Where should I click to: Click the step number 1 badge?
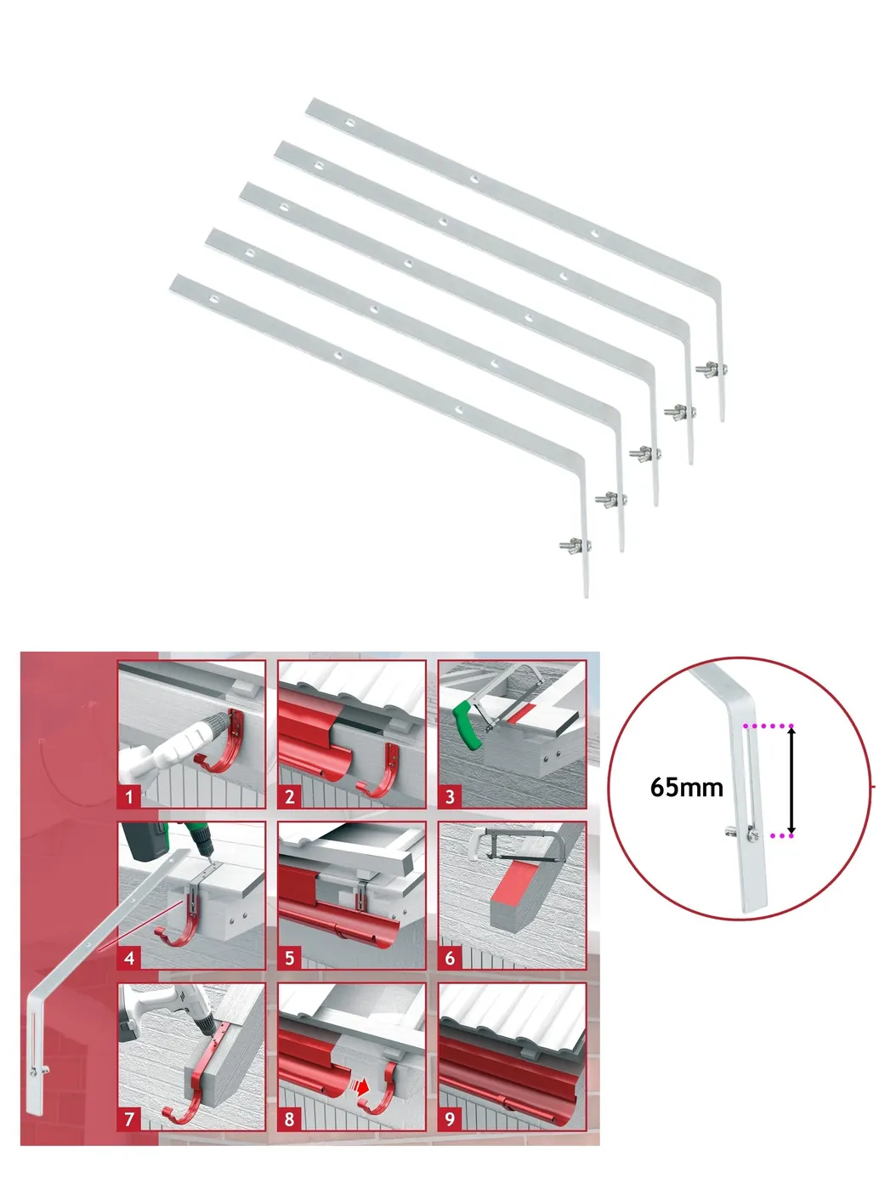coord(129,797)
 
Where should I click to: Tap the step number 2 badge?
coord(290,797)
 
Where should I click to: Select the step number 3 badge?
coord(451,797)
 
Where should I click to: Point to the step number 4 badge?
coord(129,957)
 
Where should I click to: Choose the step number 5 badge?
coord(290,957)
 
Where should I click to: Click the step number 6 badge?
coord(451,957)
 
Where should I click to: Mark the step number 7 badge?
coord(129,1119)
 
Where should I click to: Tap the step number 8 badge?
coord(290,1119)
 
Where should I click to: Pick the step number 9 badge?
coord(451,1119)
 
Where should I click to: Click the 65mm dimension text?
coord(686,788)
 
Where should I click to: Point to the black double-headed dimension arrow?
coord(791,781)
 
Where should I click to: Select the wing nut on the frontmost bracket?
coord(575,545)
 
